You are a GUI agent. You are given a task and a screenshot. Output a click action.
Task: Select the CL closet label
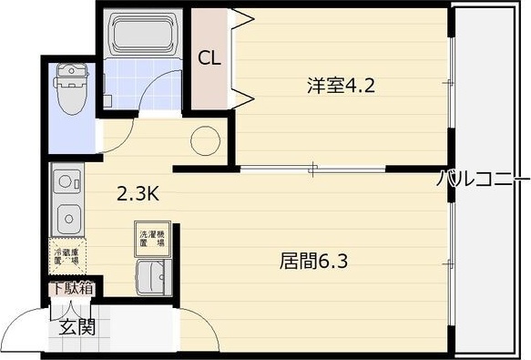point(209,57)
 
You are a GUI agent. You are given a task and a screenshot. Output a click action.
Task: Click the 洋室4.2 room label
point(341,87)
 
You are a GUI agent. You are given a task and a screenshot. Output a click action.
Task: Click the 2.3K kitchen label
point(138,193)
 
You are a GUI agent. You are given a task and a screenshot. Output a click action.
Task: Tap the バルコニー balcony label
point(482,179)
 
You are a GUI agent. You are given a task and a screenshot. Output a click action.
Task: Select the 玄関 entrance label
point(77,326)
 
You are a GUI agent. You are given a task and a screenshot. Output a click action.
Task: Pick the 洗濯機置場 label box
point(152,239)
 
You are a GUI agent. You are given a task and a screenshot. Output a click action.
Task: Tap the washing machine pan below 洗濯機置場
point(152,275)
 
